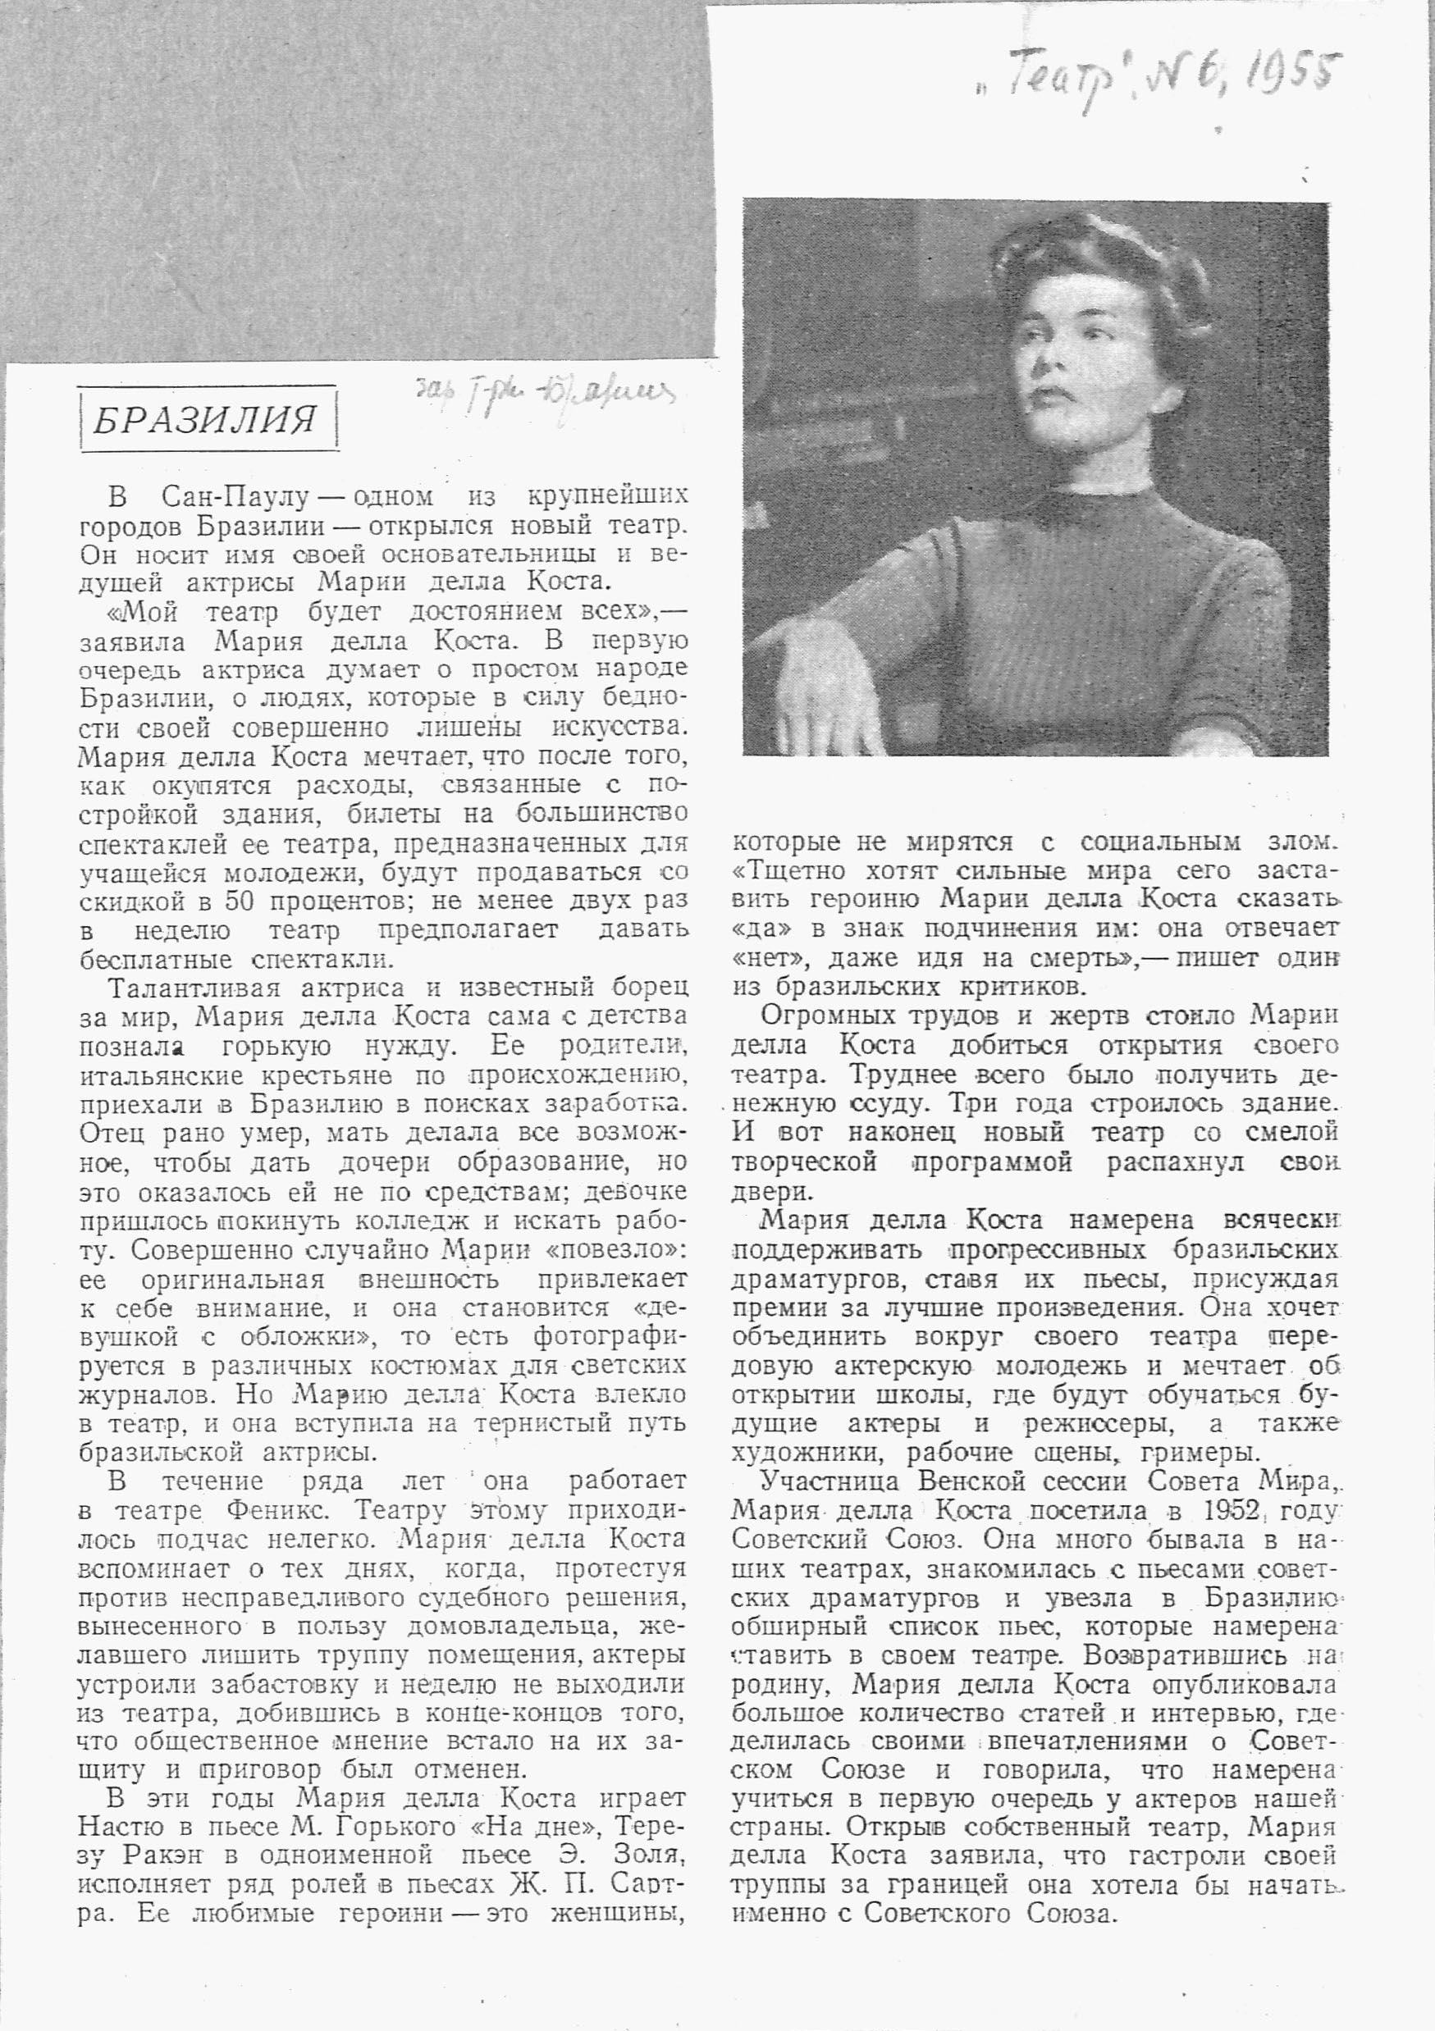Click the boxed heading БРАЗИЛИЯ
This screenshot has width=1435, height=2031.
pos(206,420)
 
